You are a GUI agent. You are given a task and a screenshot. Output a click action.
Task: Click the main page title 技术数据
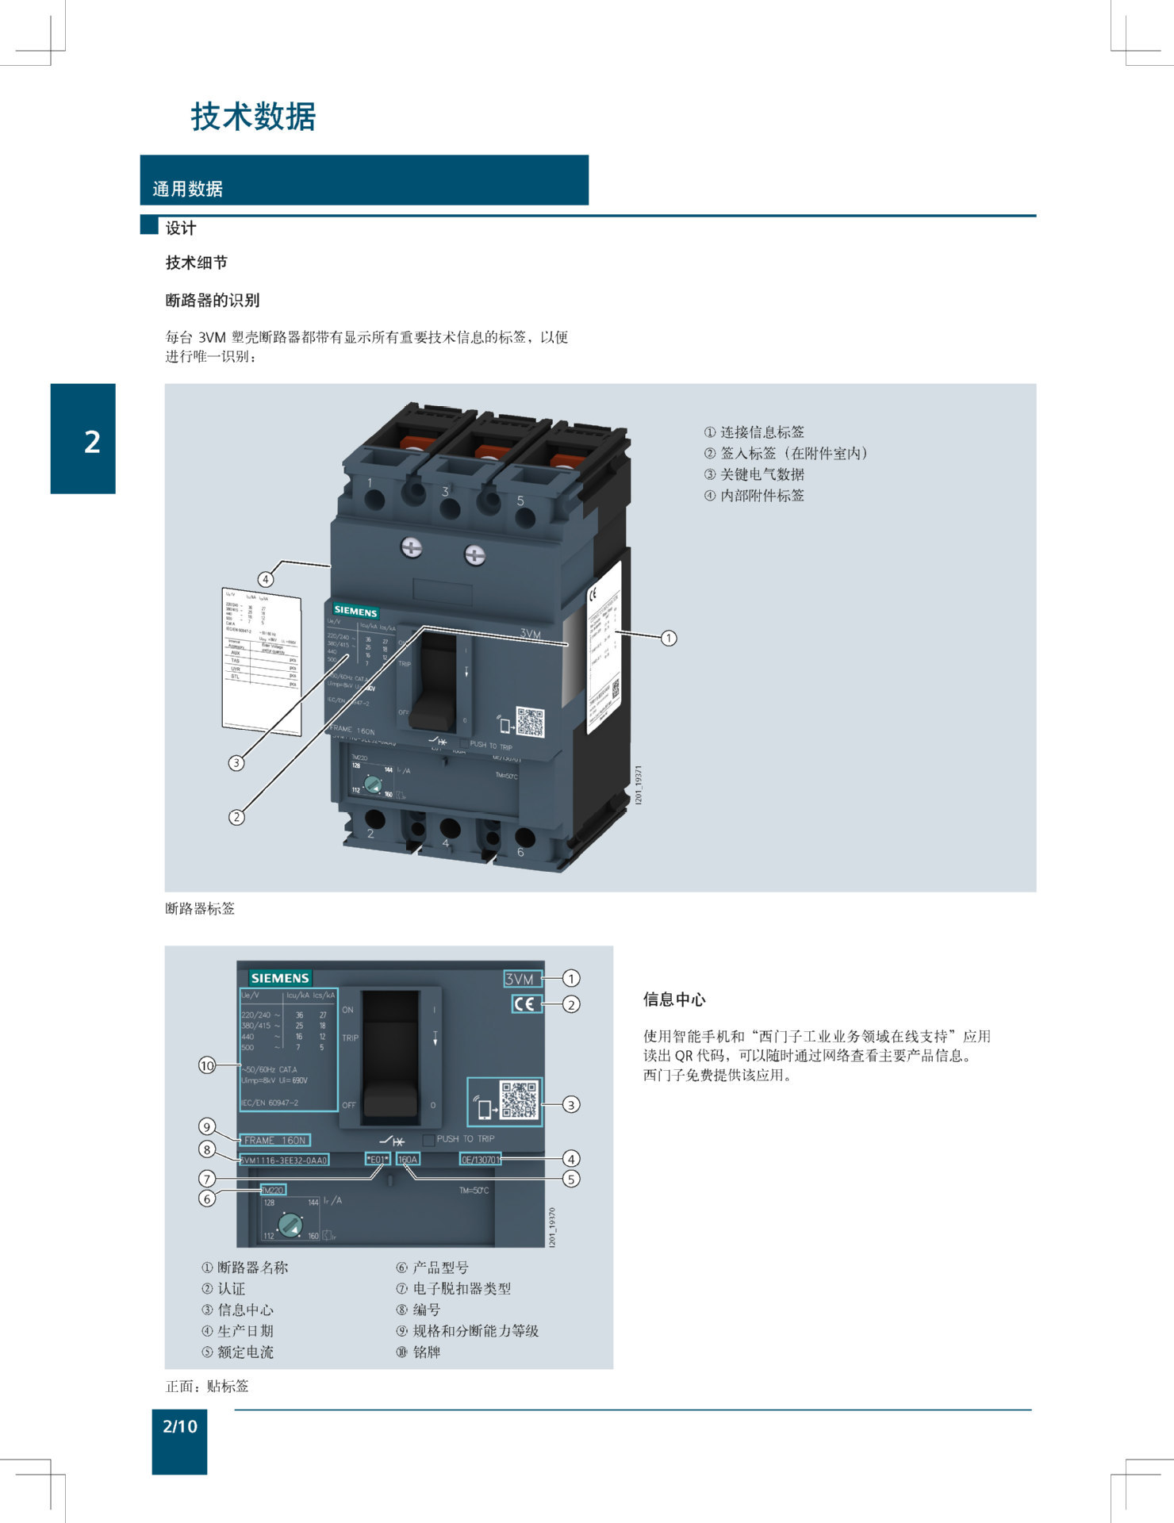[x=253, y=117]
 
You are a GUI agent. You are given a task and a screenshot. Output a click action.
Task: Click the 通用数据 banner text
[x=187, y=189]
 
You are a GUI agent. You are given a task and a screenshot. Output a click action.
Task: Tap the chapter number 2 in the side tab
[x=92, y=442]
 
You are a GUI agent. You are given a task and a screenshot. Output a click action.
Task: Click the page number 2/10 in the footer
[x=179, y=1426]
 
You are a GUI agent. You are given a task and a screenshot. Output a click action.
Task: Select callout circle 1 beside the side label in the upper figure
[x=669, y=638]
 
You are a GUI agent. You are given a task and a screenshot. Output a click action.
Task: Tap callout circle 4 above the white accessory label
[x=266, y=579]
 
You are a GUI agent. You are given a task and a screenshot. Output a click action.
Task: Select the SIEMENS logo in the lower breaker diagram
[x=280, y=978]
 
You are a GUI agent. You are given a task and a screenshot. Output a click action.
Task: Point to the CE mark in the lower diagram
[x=526, y=1003]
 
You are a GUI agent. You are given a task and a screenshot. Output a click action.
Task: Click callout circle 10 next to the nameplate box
[x=207, y=1065]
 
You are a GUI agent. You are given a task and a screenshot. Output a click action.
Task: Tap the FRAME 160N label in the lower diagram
[x=274, y=1140]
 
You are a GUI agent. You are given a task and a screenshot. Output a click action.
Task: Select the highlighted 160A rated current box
[x=408, y=1159]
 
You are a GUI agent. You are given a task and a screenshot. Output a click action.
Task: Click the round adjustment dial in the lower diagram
[x=290, y=1226]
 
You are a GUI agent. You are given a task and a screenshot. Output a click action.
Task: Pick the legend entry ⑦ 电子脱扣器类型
[x=455, y=1289]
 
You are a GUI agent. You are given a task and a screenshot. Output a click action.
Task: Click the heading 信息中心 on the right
[x=674, y=999]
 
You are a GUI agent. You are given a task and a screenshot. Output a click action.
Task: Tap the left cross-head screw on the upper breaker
[x=411, y=547]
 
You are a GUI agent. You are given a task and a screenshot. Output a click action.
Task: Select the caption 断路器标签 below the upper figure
[x=200, y=908]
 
